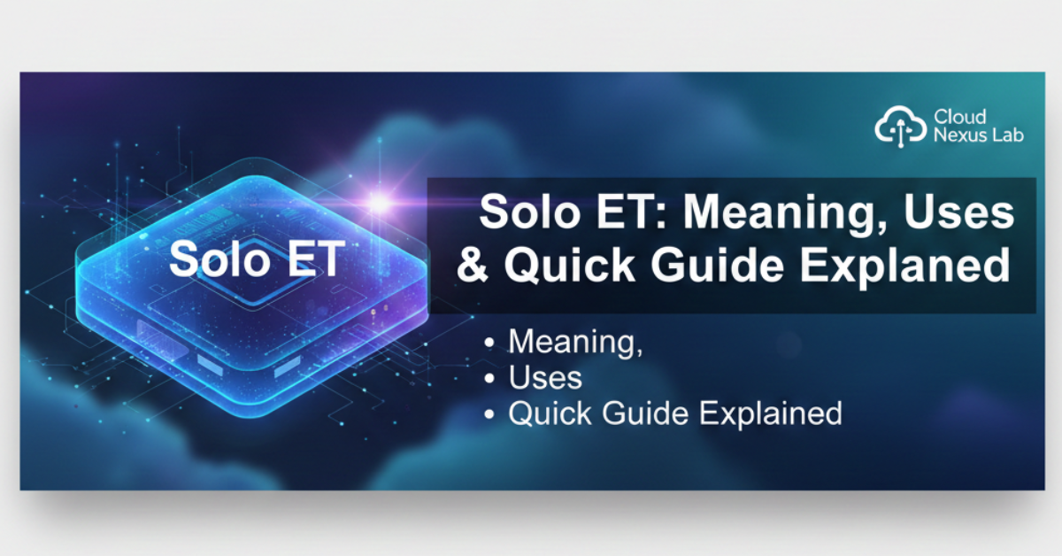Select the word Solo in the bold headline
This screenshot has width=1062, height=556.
click(521, 214)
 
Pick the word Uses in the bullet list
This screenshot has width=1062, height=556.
click(545, 379)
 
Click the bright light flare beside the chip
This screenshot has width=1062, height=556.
click(380, 203)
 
